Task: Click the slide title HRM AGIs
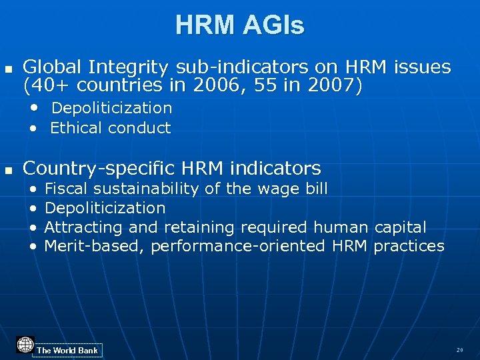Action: [x=240, y=25]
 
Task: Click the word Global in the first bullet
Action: [x=53, y=67]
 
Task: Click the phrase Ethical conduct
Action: [x=111, y=128]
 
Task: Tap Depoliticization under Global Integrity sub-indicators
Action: [x=111, y=108]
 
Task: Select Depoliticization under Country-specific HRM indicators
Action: [x=105, y=209]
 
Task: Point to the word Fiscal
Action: [x=65, y=189]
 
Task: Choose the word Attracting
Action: [x=81, y=227]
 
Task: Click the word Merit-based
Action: [x=94, y=247]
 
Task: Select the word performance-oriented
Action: [x=238, y=247]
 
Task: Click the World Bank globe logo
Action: [x=25, y=345]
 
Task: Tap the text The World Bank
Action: [x=67, y=351]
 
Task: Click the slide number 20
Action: [x=459, y=350]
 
